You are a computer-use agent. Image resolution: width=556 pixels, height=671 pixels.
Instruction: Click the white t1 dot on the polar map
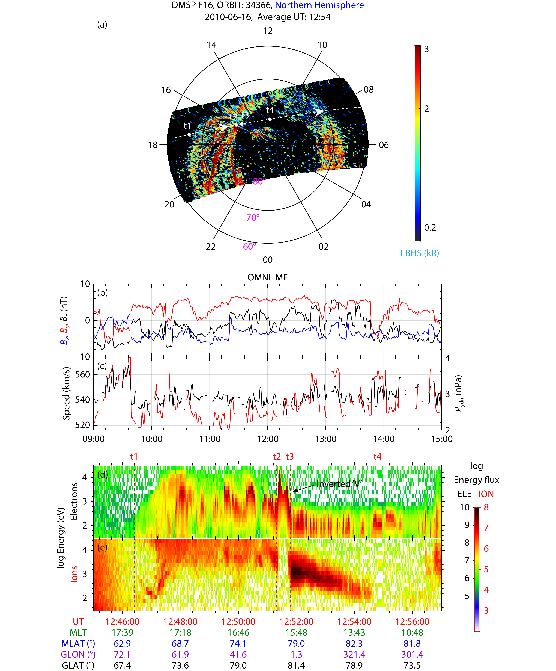click(189, 135)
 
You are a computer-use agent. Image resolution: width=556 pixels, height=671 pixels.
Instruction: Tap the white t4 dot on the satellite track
click(270, 119)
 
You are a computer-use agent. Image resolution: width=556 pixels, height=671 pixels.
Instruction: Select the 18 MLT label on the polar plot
click(153, 145)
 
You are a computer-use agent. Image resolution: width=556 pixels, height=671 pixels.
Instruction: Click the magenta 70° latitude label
click(253, 218)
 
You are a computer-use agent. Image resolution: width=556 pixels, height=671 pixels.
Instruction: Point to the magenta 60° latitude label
click(249, 246)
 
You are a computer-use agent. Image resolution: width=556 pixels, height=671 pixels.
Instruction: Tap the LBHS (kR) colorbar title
click(420, 253)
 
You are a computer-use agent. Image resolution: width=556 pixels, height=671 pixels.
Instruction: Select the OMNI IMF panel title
click(267, 277)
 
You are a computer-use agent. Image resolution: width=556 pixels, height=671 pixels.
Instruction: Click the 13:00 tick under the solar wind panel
click(326, 439)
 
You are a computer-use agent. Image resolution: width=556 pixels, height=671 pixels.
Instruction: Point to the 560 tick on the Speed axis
click(82, 374)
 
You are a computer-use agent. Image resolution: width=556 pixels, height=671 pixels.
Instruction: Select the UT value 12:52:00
click(296, 622)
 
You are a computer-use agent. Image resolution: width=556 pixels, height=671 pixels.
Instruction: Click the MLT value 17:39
click(122, 633)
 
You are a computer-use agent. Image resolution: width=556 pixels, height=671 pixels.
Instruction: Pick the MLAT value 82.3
click(354, 643)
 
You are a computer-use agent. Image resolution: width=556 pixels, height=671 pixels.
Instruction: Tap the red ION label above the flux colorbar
click(486, 494)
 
